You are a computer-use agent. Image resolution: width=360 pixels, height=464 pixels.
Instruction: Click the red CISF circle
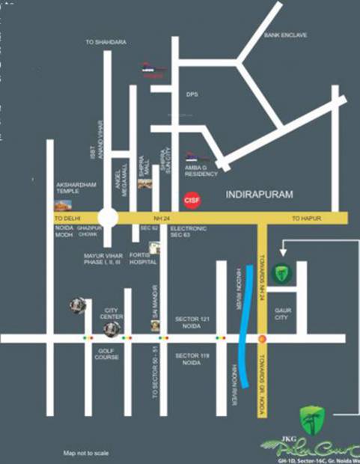tap(192, 201)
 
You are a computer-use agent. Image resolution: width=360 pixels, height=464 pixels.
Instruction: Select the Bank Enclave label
tap(286, 35)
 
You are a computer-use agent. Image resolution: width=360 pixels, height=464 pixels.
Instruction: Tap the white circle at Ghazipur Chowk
tap(109, 218)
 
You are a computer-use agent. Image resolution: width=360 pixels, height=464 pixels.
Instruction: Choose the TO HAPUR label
tap(305, 218)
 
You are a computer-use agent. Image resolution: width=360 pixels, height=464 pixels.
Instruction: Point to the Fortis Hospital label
tap(142, 259)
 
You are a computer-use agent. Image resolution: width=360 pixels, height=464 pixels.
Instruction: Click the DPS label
tap(190, 94)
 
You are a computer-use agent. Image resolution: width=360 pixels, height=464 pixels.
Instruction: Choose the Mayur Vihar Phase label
tap(103, 259)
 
